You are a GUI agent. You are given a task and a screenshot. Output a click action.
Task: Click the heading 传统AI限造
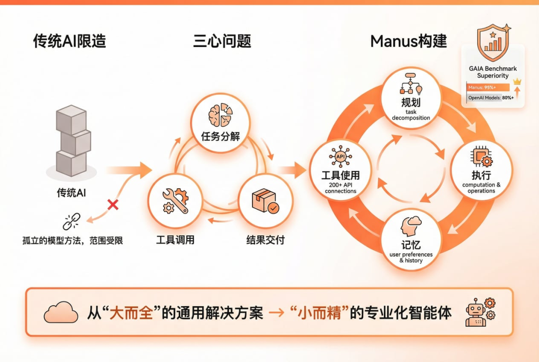69,41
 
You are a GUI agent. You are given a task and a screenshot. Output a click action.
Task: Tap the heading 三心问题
222,41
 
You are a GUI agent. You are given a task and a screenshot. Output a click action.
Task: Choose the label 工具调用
175,240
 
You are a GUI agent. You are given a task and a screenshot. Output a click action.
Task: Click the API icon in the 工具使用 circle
340,157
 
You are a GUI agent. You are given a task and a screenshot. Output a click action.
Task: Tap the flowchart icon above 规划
411,84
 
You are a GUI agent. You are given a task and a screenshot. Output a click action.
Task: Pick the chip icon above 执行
481,157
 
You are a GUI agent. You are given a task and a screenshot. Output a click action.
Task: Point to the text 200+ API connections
340,188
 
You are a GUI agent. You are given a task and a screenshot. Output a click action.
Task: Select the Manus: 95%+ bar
488,87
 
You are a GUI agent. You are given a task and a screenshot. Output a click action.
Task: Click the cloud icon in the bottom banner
61,313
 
